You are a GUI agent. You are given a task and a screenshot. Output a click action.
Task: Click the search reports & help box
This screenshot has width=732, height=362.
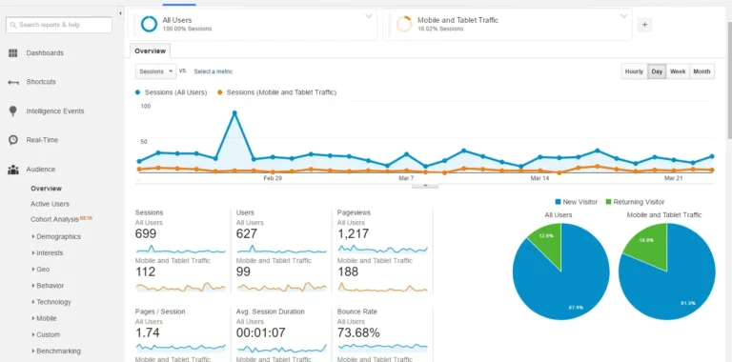click(x=62, y=24)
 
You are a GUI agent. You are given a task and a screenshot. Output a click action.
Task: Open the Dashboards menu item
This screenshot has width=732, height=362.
click(x=45, y=53)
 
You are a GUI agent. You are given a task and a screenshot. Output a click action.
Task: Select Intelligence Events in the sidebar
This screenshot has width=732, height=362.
click(x=54, y=111)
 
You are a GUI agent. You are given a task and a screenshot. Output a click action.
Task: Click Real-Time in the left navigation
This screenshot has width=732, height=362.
click(x=42, y=140)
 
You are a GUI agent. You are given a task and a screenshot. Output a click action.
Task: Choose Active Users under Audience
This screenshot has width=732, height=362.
click(x=50, y=204)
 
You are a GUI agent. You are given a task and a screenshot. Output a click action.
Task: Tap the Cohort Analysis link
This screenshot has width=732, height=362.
click(x=55, y=220)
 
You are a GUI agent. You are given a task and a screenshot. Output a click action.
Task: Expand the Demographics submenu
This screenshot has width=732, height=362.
click(x=57, y=236)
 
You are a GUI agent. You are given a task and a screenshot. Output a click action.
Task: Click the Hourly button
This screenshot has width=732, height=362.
click(x=633, y=71)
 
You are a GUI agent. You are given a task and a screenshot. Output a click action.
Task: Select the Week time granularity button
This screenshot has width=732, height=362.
click(x=678, y=71)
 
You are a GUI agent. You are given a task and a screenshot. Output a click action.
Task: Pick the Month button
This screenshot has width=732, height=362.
click(x=701, y=71)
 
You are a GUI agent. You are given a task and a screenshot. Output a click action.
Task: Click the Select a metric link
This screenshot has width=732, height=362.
click(x=213, y=71)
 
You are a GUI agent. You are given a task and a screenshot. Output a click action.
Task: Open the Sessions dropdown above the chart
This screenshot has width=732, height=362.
click(x=156, y=71)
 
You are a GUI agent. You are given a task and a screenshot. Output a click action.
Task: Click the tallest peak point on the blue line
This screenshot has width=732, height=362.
click(x=234, y=112)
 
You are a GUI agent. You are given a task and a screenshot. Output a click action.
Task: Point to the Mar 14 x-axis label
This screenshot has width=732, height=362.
click(x=539, y=178)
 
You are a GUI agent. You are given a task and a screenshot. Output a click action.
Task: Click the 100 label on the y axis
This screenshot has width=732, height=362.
click(x=145, y=107)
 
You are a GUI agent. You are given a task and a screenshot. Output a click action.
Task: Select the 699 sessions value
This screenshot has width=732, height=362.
click(x=146, y=234)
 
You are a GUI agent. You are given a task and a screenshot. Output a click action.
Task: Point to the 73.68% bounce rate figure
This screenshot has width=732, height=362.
click(x=357, y=333)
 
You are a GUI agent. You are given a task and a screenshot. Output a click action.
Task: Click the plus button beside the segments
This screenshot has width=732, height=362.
click(x=644, y=25)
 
